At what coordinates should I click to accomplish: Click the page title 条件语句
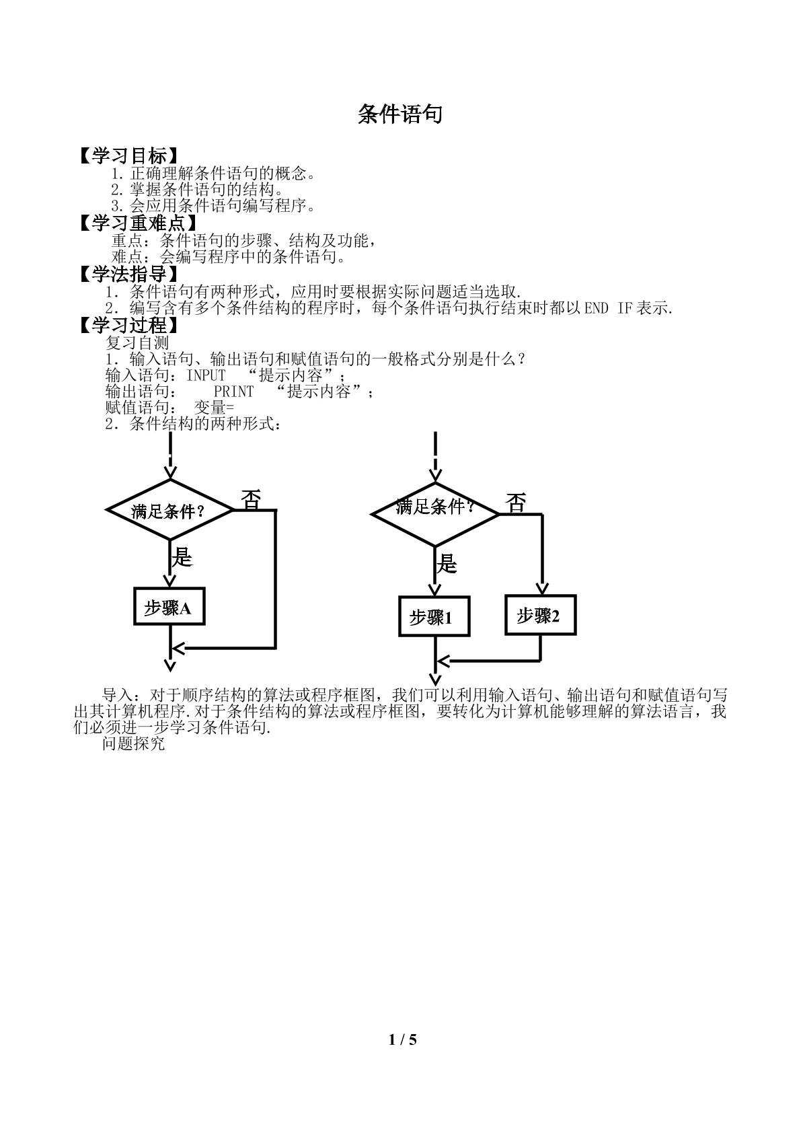400,115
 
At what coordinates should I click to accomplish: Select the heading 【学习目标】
128,155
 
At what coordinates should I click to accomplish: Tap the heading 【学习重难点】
137,223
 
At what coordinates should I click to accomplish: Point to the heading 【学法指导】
128,274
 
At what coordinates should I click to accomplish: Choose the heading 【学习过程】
128,325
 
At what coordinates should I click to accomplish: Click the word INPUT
206,375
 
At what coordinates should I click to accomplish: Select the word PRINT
233,392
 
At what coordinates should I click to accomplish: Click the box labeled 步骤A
169,606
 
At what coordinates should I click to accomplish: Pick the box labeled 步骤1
434,616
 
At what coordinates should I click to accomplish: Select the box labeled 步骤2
541,615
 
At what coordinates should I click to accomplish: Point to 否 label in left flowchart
251,500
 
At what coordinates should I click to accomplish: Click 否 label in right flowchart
516,503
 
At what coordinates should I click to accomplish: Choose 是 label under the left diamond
182,557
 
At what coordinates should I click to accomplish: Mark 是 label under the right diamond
447,563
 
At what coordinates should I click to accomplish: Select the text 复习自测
137,342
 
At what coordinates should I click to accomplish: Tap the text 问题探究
133,743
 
